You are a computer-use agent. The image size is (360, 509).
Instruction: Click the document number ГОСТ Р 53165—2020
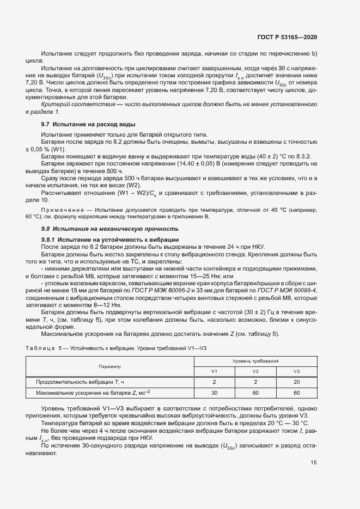(287, 37)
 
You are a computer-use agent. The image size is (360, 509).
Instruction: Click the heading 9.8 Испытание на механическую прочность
(110, 229)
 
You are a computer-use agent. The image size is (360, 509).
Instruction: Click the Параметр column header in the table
(109, 366)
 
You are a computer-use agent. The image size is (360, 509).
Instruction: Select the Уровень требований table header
(255, 361)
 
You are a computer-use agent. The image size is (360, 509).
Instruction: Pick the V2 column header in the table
(255, 371)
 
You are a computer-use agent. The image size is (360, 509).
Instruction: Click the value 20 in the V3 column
(297, 382)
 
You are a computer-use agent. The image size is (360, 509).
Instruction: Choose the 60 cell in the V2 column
(255, 392)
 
